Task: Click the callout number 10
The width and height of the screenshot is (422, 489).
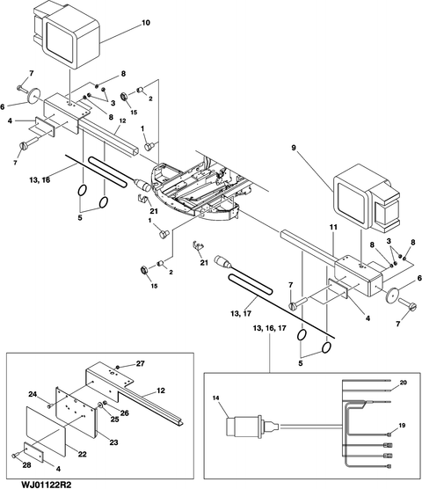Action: (x=146, y=23)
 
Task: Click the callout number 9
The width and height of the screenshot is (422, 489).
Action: (x=294, y=148)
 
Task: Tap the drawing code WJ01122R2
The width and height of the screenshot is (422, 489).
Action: (x=47, y=485)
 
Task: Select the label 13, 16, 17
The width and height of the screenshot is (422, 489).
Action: (x=270, y=328)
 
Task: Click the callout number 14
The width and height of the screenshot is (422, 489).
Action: (x=217, y=398)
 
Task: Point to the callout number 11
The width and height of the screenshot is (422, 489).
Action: (x=333, y=227)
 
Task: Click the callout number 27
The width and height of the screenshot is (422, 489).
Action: (x=141, y=363)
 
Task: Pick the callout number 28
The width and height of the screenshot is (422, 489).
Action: (x=26, y=465)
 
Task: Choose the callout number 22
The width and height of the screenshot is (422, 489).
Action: (x=82, y=454)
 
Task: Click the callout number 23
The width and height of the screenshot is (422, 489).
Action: (x=113, y=442)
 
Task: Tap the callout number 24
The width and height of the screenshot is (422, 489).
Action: (x=33, y=395)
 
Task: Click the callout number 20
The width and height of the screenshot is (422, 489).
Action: (x=403, y=383)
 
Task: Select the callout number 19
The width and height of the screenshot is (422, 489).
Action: (x=402, y=426)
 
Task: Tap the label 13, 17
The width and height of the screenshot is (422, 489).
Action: (x=241, y=313)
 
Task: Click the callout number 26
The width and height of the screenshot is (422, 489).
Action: (x=124, y=413)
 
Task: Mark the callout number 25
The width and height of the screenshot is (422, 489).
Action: (x=114, y=420)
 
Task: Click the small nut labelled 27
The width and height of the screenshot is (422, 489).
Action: (x=118, y=367)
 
